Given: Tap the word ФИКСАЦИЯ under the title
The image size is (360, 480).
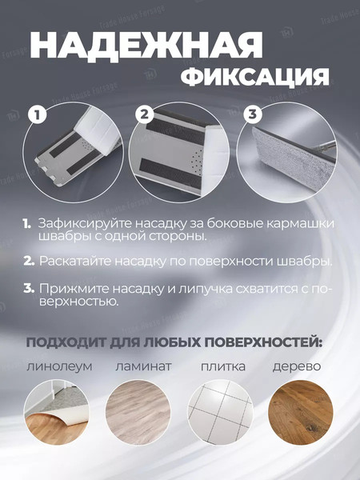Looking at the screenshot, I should (x=254, y=78).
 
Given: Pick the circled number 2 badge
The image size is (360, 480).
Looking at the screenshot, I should (x=144, y=115).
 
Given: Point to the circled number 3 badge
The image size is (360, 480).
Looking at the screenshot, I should (x=253, y=115).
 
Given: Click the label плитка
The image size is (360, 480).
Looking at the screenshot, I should (x=218, y=367).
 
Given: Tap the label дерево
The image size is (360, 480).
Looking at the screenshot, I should (x=297, y=367).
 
